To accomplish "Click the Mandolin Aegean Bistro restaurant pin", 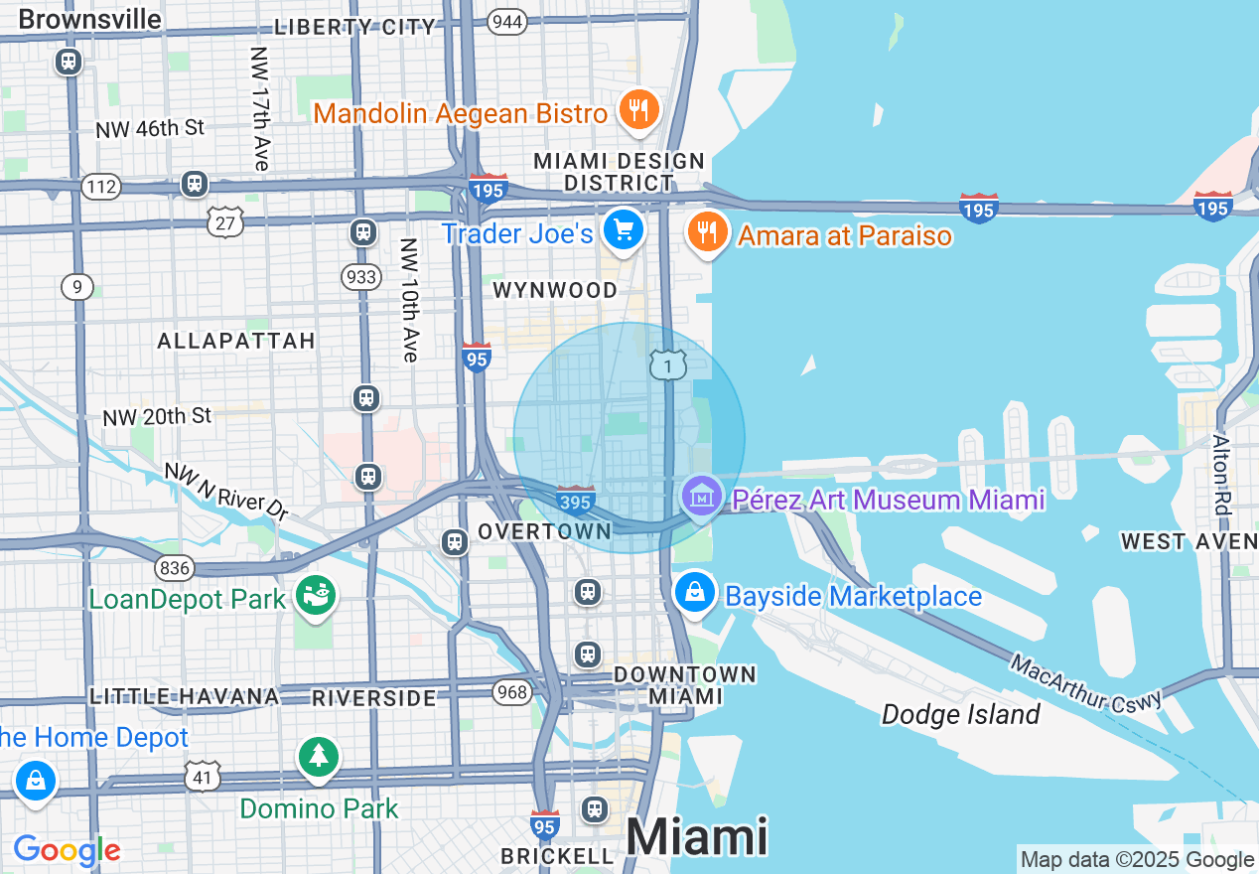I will point(636,109).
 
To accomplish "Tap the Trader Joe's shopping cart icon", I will point(624,230).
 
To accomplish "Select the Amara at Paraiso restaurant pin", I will point(706,232).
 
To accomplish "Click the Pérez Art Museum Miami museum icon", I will point(702,495).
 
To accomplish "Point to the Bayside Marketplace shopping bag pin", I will point(696,593).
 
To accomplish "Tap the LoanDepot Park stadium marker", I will point(318,596).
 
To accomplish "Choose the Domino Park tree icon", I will point(318,757).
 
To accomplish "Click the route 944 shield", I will point(507,22).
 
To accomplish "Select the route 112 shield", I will point(102,186).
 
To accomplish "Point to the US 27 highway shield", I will point(225,221).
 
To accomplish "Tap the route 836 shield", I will point(174,567).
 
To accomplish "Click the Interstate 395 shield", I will point(576,500).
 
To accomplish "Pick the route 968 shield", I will point(512,691).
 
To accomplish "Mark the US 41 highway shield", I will point(203,776).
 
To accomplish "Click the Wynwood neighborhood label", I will point(555,289).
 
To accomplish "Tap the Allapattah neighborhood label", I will point(236,341).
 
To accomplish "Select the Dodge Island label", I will point(961,714).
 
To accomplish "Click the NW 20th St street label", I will point(158,416).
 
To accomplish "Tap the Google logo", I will point(67,850).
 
